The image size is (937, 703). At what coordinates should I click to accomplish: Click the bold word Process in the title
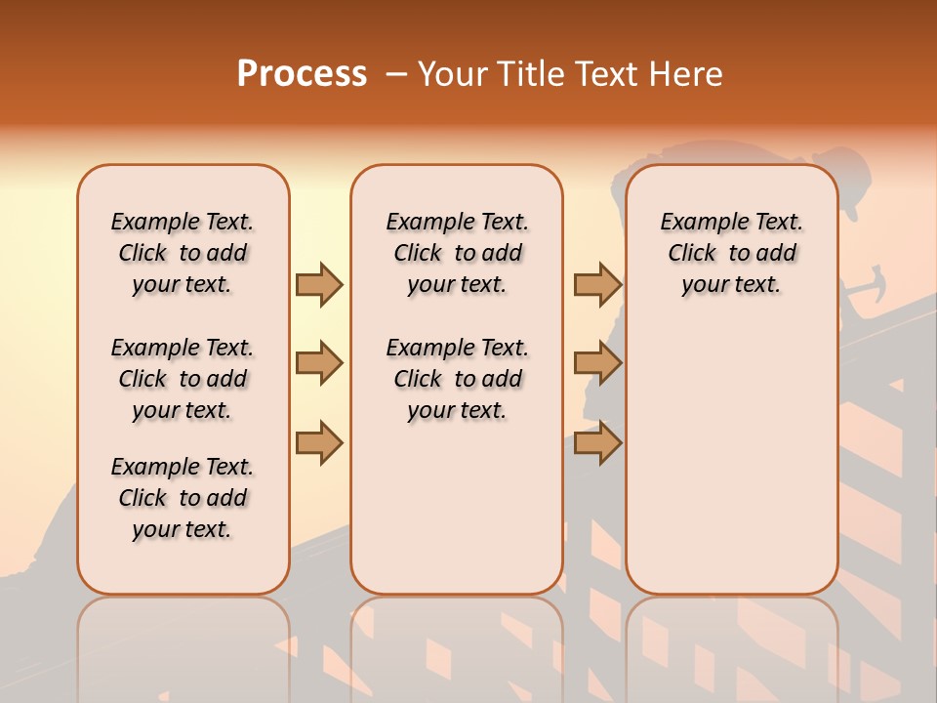(302, 73)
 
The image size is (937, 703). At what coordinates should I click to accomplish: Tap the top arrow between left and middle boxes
(319, 284)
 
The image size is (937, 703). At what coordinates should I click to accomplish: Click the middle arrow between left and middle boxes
(319, 364)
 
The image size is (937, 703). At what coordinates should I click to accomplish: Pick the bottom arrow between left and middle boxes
(319, 442)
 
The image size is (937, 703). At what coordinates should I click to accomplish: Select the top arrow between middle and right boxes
(597, 284)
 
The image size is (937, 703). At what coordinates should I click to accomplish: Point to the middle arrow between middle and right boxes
(597, 364)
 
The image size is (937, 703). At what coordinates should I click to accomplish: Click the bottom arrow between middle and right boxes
(597, 442)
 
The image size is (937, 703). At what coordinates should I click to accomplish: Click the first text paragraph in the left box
(183, 253)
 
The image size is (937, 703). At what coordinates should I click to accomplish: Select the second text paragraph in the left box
(183, 379)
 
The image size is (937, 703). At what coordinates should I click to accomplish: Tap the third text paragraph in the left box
(183, 498)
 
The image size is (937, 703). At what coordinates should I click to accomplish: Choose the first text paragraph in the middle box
(457, 253)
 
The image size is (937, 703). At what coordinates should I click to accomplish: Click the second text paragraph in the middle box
(457, 379)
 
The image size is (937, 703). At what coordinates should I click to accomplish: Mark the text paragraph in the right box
(732, 253)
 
